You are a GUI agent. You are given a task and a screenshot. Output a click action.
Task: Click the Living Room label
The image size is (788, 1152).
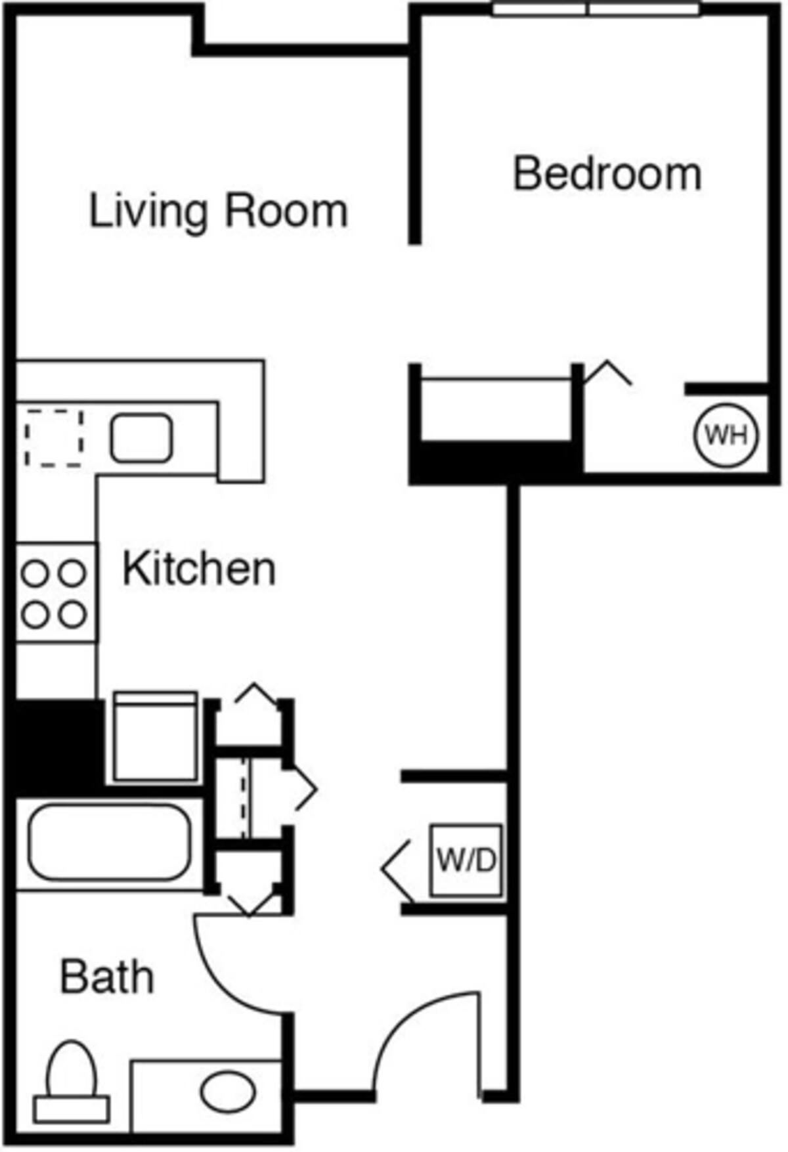(218, 211)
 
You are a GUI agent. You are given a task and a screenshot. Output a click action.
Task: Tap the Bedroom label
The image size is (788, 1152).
(607, 175)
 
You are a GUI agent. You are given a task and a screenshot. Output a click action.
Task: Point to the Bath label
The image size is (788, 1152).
(107, 977)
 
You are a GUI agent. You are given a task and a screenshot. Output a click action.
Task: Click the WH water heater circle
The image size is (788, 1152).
(726, 435)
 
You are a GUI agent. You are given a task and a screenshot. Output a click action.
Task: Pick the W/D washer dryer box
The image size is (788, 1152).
(466, 860)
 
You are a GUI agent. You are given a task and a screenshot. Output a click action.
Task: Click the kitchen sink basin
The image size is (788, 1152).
(141, 437)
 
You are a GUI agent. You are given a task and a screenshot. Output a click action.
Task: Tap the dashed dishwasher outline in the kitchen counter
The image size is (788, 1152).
(54, 438)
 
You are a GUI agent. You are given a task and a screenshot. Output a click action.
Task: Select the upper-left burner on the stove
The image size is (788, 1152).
(34, 573)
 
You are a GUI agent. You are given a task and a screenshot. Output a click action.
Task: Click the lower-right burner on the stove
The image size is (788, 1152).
(72, 615)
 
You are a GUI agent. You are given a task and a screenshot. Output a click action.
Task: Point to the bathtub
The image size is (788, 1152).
(109, 842)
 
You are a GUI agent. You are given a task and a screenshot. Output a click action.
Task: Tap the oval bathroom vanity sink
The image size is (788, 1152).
(228, 1092)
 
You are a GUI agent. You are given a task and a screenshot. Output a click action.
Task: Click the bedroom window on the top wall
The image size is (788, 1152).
(596, 9)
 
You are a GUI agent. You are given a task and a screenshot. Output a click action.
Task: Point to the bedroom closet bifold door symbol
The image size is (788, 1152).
(607, 373)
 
